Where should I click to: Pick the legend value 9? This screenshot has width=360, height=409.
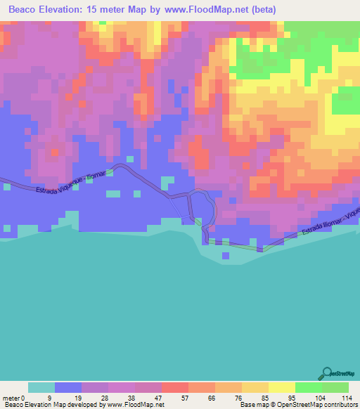click(x=49, y=397)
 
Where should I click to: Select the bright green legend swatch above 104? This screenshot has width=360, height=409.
click(x=309, y=387)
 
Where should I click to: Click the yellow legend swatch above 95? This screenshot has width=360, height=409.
click(x=282, y=387)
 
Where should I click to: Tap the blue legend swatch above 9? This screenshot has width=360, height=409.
click(x=68, y=387)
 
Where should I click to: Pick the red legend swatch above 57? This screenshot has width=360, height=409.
click(x=175, y=387)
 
